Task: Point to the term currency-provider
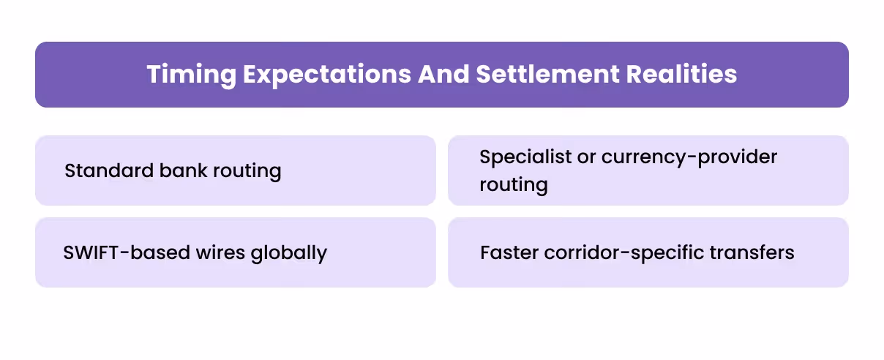[x=689, y=157]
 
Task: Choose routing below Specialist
[x=514, y=184]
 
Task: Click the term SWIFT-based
[x=116, y=253]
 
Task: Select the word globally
[x=288, y=253]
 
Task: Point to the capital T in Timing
[x=154, y=75]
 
